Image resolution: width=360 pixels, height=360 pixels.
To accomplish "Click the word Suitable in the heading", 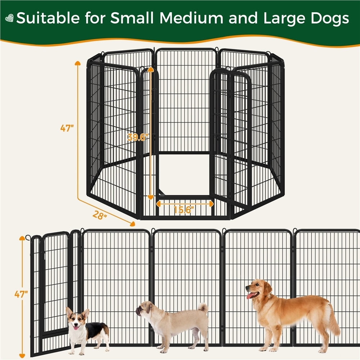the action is [48, 18].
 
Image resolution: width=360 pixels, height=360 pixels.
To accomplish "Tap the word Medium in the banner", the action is [192, 18].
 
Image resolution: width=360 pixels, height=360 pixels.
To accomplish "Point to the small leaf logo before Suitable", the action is [9, 18].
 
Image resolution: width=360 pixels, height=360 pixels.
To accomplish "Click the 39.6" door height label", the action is [138, 137].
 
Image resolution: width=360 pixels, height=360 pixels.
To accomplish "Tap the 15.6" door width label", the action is [184, 210].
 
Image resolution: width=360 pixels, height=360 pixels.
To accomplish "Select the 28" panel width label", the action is [100, 215].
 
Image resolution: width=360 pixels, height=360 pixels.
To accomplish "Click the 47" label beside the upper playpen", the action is [67, 128].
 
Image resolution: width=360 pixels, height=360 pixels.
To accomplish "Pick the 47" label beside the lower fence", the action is [21, 294].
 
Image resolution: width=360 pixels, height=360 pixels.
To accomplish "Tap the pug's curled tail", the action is [203, 308].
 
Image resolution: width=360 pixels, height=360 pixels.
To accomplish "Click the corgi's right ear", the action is [85, 313].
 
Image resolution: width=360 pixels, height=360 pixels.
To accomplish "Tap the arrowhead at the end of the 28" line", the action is [132, 224].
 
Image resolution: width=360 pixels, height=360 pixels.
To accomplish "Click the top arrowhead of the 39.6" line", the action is [150, 69].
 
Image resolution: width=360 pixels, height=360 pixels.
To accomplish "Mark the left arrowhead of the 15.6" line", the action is [158, 204].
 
